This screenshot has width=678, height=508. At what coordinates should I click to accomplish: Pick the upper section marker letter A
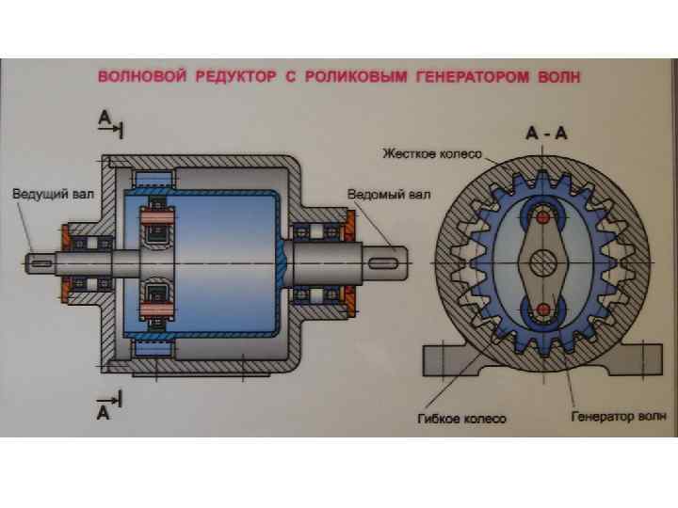click(104, 117)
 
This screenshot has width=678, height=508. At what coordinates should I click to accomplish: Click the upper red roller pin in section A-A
click(542, 218)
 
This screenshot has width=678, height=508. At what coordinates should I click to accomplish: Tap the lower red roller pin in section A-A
click(542, 309)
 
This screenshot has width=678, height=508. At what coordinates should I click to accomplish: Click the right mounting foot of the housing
click(640, 357)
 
